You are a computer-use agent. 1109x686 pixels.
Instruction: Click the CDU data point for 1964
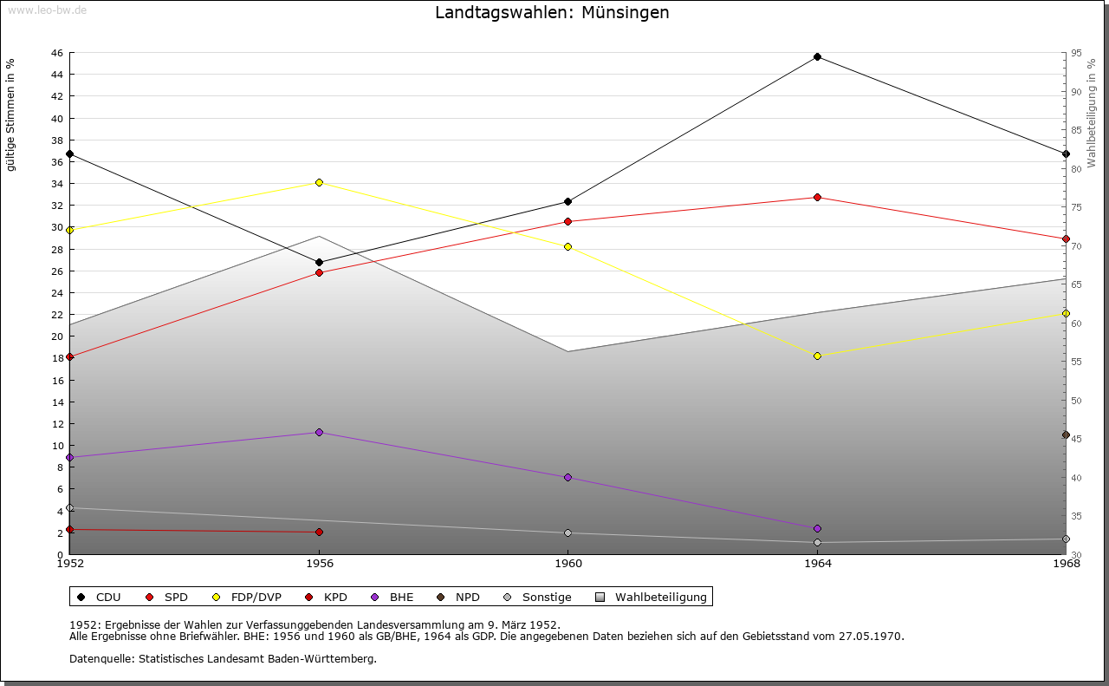(817, 57)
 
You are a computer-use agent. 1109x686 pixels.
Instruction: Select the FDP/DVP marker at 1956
(319, 182)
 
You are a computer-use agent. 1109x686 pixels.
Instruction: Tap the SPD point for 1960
(568, 221)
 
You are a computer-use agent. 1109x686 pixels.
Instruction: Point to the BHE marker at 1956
(319, 432)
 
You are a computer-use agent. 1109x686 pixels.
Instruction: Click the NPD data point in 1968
(1066, 434)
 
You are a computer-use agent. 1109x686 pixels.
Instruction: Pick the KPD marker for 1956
(319, 532)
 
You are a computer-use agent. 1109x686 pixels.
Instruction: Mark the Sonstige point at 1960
(568, 532)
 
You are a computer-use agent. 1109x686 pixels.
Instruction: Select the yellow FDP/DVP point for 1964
(817, 356)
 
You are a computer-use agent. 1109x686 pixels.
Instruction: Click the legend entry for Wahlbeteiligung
(660, 597)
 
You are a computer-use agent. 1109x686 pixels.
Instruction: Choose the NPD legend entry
(467, 597)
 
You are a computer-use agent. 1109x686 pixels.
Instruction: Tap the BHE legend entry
(401, 597)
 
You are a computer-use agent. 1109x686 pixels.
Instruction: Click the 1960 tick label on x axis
(568, 564)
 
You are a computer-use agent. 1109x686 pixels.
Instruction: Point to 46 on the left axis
(57, 53)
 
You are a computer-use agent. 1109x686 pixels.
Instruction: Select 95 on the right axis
(1076, 53)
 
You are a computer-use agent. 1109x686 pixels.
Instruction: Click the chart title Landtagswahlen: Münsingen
(552, 13)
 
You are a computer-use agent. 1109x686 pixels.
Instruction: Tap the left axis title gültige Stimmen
(11, 114)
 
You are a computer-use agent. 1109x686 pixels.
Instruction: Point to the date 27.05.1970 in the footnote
(871, 636)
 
